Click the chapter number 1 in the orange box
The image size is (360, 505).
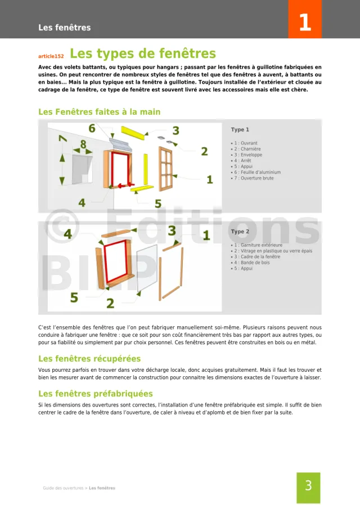click(304, 23)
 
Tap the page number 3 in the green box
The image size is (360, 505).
click(308, 486)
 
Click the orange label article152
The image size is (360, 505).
click(51, 56)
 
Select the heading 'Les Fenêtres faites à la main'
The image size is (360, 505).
click(99, 112)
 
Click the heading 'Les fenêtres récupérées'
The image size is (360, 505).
click(89, 358)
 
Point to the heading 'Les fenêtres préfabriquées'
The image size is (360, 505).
click(95, 394)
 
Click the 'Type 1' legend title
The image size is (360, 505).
click(240, 130)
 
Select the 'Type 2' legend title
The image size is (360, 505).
click(240, 232)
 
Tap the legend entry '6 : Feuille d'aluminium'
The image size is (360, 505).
click(257, 172)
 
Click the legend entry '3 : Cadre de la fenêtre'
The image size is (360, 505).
click(257, 257)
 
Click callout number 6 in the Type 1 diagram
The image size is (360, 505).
click(92, 129)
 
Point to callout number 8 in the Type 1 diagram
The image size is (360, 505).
click(83, 145)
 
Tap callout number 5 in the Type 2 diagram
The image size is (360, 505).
click(74, 297)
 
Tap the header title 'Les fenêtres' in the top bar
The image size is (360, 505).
click(64, 28)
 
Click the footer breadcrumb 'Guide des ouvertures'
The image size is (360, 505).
click(63, 488)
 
